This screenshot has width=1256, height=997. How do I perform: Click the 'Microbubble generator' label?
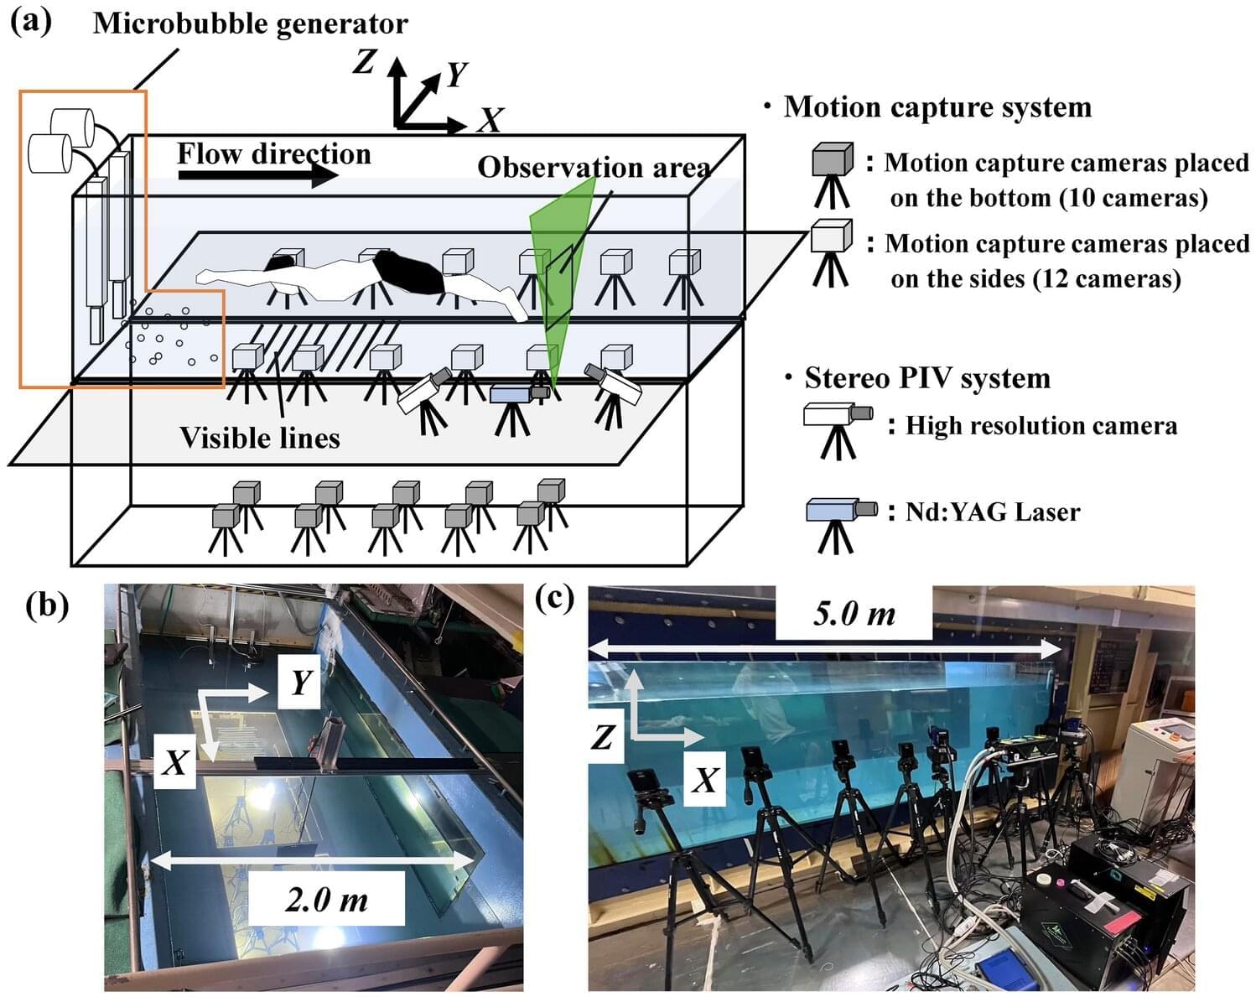tap(250, 23)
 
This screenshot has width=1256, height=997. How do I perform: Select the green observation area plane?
tap(558, 268)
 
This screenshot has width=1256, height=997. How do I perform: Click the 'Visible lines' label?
tap(259, 438)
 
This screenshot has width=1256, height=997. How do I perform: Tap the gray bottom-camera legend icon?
tap(832, 161)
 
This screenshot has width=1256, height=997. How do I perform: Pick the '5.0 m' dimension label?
tap(854, 614)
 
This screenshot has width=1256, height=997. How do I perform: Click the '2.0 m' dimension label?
tap(326, 900)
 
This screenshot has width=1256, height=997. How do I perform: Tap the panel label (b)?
tap(47, 604)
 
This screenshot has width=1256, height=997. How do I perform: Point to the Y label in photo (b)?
tap(300, 683)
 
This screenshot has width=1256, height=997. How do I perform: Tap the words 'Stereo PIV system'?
tap(926, 378)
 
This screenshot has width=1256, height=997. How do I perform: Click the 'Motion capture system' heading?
tap(937, 107)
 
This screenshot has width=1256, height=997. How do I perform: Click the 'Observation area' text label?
tap(594, 168)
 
